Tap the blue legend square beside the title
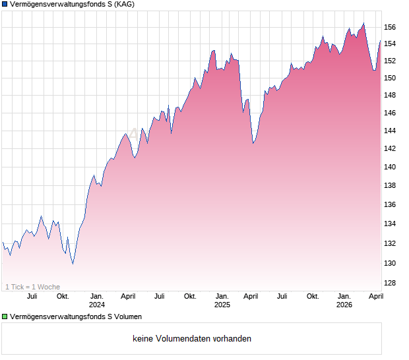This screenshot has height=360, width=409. click(x=5, y=5)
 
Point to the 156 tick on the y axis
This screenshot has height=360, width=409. click(x=390, y=27)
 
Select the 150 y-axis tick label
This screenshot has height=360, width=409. click(x=390, y=78)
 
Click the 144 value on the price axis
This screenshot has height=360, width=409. click(x=390, y=131)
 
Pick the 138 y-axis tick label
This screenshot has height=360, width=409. click(x=390, y=186)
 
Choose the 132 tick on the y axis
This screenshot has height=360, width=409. click(x=390, y=243)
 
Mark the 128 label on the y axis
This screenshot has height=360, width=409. click(x=390, y=283)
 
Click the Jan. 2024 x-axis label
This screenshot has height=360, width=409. click(x=97, y=300)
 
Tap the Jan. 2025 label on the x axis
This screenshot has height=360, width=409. click(x=222, y=300)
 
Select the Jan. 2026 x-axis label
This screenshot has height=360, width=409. click(x=344, y=300)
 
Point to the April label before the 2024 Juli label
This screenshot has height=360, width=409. click(x=128, y=296)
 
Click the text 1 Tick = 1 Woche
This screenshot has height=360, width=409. click(x=33, y=287)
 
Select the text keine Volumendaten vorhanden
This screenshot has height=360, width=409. click(x=191, y=339)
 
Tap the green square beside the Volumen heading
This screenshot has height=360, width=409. click(x=5, y=317)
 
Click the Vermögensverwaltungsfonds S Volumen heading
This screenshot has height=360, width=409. click(x=76, y=317)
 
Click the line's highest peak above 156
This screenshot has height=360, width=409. click(x=363, y=24)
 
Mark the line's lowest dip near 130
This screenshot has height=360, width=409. click(x=73, y=263)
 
